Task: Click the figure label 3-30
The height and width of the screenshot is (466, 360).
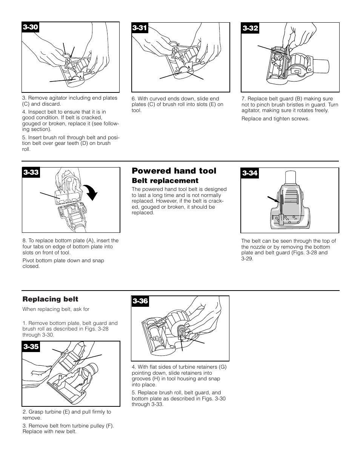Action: coord(31,27)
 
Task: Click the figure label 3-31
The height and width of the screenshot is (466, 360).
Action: coord(140,28)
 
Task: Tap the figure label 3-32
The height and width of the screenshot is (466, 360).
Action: coord(250,28)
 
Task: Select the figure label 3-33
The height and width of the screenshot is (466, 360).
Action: coord(31,172)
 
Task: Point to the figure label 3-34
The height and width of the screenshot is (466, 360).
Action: coord(250,173)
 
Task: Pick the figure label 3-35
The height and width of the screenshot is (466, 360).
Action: coord(31,346)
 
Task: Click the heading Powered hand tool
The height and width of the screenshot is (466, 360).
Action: coord(174,171)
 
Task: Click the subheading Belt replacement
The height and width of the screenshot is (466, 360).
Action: coord(165,181)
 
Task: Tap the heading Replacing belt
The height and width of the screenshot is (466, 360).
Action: coord(50,299)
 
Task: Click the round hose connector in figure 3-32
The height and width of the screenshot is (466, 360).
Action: coord(322,66)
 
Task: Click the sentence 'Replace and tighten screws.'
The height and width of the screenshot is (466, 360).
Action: coord(275,118)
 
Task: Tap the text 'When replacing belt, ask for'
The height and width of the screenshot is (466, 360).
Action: coord(56,309)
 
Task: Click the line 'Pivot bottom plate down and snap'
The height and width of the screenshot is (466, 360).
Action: coord(63,260)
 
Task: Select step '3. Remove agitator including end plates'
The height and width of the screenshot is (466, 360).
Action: coord(69,98)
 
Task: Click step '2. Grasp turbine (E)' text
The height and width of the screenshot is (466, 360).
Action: coord(67,412)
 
